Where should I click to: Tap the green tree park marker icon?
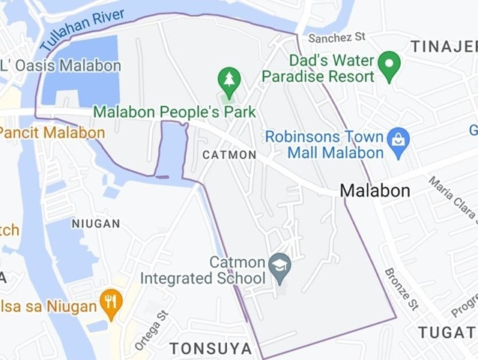229,78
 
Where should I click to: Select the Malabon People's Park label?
175,112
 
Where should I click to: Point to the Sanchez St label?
336,36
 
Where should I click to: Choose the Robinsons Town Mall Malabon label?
324,145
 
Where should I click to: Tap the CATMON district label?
229,154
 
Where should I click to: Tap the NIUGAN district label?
96,223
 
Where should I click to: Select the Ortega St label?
149,331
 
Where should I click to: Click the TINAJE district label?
444,46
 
